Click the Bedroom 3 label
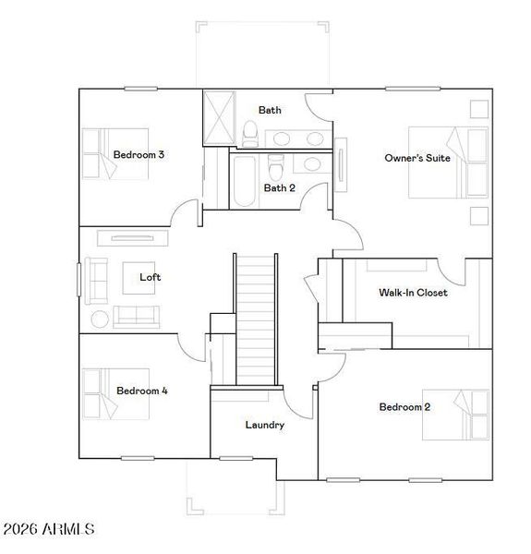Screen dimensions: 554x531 tap(139, 155)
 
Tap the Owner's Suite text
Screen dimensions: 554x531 tap(417, 158)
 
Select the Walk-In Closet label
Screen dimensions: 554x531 tap(413, 293)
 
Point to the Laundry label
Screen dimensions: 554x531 tap(264, 425)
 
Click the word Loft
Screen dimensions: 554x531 tap(150, 277)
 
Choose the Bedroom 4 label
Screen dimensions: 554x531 tap(141, 391)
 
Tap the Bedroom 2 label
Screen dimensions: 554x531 tap(404, 406)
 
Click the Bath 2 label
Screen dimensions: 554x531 tap(279, 187)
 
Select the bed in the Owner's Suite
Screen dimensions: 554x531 tap(447, 163)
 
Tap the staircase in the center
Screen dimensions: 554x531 tap(256, 319)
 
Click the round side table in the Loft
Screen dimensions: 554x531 tap(100, 319)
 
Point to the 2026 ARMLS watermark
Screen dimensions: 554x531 tap(49, 529)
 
